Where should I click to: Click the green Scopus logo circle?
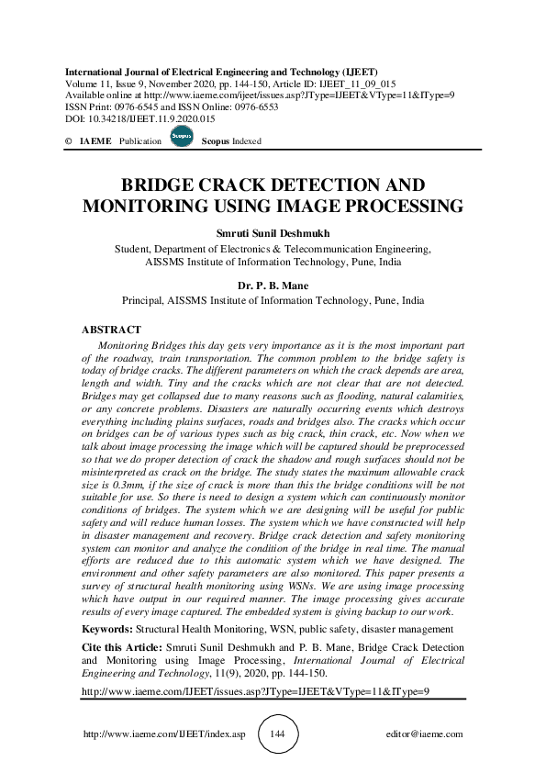click(181, 138)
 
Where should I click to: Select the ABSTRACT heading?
click(111, 330)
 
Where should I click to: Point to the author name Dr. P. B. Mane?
click(273, 286)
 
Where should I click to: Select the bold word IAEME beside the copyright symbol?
click(95, 141)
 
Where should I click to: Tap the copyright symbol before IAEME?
click(68, 141)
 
